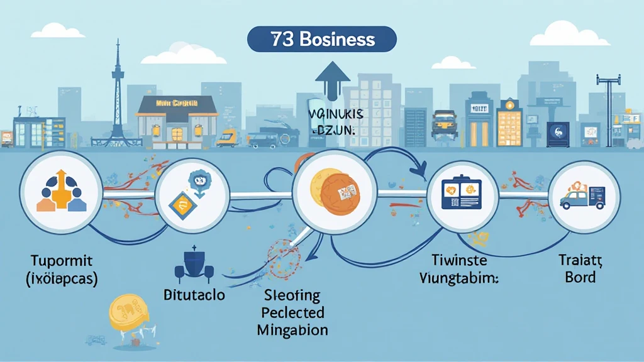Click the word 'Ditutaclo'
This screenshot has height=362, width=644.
pos(195,295)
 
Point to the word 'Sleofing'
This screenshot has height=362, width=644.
pos(291,295)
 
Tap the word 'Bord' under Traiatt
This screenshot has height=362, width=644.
pos(580,277)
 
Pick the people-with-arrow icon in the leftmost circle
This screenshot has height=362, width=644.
pos(62,192)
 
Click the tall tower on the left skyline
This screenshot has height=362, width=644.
pos(118,94)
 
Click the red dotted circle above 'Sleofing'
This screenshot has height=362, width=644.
pos(284,258)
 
